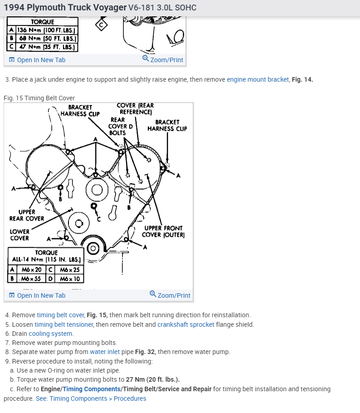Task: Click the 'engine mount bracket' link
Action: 258,79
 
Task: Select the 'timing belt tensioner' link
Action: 63,324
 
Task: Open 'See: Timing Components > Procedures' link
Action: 91,398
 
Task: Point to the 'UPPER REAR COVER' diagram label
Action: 27,215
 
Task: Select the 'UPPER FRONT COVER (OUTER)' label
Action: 163,231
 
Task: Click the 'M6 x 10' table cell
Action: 69,278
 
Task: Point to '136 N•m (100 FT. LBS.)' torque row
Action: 46,30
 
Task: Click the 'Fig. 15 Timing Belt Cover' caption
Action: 39,98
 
